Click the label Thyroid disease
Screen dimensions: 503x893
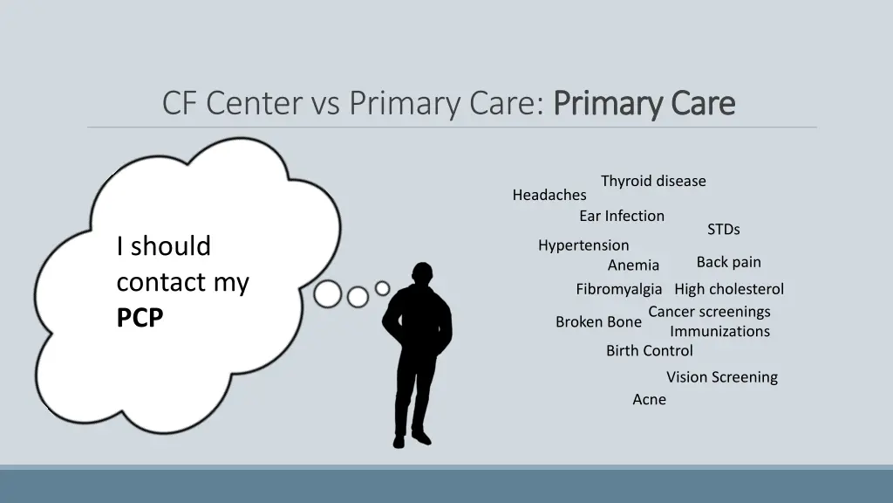653,181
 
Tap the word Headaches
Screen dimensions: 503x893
549,195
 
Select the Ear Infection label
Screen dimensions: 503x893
622,216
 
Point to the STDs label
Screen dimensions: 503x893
723,230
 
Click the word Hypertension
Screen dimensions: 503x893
583,245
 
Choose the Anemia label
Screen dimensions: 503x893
633,265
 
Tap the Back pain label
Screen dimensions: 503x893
728,262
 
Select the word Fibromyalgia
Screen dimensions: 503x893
618,289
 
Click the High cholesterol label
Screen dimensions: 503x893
729,289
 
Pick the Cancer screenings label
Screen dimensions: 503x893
709,312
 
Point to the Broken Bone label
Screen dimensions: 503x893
598,322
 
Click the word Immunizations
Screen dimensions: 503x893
719,332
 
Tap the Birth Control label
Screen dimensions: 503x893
650,351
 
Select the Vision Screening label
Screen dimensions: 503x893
722,377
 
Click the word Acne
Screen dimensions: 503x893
649,400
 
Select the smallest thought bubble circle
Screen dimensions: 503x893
382,288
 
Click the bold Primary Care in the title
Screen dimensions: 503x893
644,104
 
